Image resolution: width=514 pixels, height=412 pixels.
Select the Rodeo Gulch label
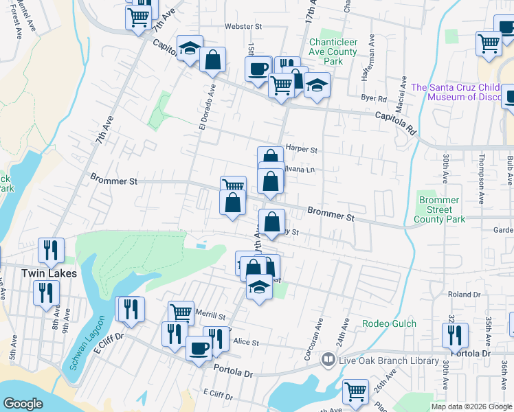(388, 323)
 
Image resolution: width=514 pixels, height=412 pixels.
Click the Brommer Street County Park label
(438, 209)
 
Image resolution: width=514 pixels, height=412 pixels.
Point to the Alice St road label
(246, 341)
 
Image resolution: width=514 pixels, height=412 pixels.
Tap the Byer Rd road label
(375, 98)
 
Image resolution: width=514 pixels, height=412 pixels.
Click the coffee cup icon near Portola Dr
(199, 347)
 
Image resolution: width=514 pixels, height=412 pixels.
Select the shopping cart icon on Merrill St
(181, 312)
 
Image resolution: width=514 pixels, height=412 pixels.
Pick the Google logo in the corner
(23, 404)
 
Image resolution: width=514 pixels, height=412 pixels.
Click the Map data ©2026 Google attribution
(471, 407)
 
